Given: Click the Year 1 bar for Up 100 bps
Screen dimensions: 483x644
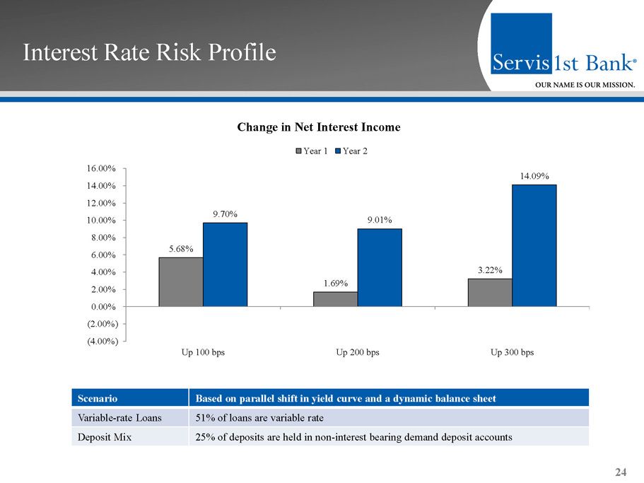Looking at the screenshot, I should pyautogui.click(x=181, y=281).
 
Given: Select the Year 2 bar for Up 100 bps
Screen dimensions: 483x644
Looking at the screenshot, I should pyautogui.click(x=225, y=264).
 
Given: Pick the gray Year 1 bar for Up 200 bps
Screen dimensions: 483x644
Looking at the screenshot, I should pyautogui.click(x=335, y=299).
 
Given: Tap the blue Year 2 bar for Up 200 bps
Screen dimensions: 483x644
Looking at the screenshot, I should pyautogui.click(x=380, y=267).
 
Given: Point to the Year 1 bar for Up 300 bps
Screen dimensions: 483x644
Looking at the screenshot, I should pyautogui.click(x=490, y=292).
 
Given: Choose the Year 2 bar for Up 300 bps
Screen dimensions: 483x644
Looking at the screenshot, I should pyautogui.click(x=534, y=245).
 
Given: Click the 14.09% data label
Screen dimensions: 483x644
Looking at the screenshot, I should pyautogui.click(x=535, y=175).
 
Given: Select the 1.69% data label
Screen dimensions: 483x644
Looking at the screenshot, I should pyautogui.click(x=336, y=283).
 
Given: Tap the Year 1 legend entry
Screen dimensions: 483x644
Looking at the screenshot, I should pyautogui.click(x=311, y=151).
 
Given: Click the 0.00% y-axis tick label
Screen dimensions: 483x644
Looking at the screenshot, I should pyautogui.click(x=103, y=306).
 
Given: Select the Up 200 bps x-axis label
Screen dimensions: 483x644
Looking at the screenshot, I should pyautogui.click(x=358, y=352).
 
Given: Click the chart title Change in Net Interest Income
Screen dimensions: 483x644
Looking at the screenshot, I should pyautogui.click(x=319, y=127).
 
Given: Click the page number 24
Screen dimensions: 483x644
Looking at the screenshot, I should pyautogui.click(x=621, y=472).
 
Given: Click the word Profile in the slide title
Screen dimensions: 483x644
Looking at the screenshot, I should pyautogui.click(x=238, y=52).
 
